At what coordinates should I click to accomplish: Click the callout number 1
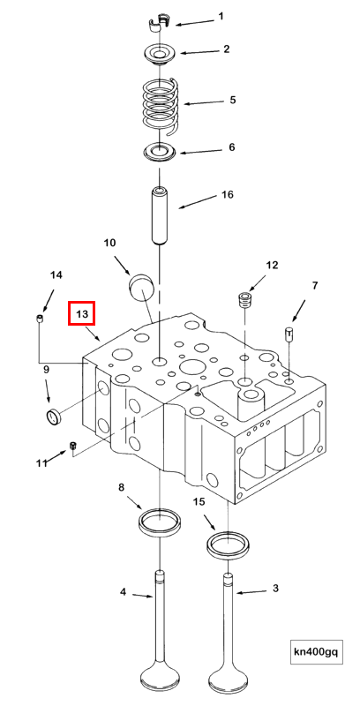point(221,16)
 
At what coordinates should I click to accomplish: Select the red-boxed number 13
point(81,313)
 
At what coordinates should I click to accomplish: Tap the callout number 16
point(227,195)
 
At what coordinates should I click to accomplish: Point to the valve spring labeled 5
point(161,101)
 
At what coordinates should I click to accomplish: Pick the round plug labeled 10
point(141,286)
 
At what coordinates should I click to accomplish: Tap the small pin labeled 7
point(288,334)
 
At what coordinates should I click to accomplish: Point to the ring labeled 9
point(54,416)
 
